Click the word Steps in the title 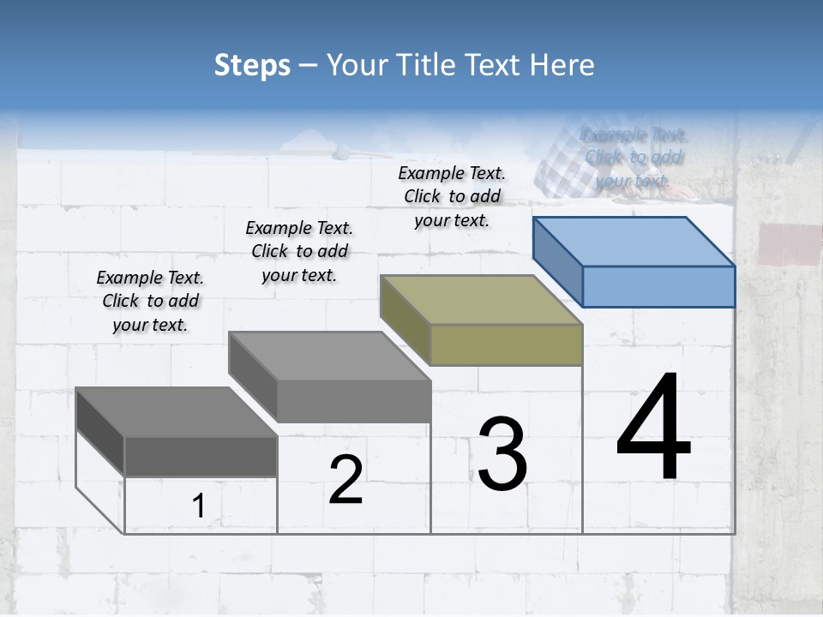pos(252,65)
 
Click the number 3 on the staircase pos(502,453)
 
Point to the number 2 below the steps pos(345,480)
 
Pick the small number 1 pos(198,506)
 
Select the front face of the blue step pos(658,286)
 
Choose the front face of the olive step pos(506,344)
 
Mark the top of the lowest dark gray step pos(177,412)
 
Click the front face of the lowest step pos(201,456)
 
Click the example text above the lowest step pos(150,301)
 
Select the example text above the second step pos(299,251)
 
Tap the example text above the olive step pos(452,196)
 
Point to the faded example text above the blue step pos(634,157)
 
